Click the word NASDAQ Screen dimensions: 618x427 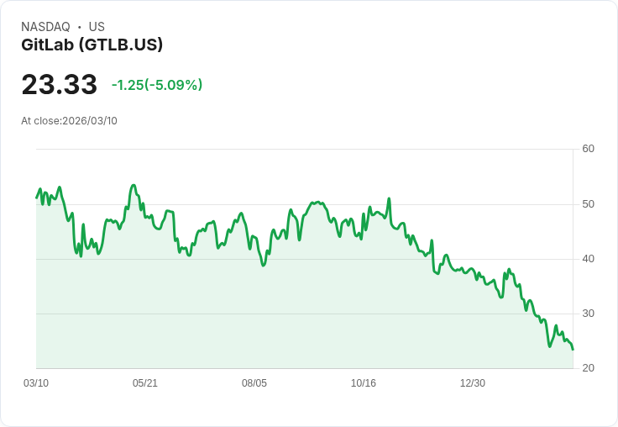click(45, 27)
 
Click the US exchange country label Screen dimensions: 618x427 click(97, 27)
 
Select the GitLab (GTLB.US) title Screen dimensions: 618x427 click(92, 45)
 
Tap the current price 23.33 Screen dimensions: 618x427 click(59, 84)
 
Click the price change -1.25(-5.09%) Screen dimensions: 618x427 click(157, 85)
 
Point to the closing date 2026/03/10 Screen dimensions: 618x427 click(90, 121)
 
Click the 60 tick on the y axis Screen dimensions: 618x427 click(588, 149)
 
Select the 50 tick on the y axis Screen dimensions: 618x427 click(588, 204)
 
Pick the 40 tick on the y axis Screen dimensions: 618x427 click(588, 259)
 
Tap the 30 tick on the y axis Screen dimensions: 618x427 click(588, 314)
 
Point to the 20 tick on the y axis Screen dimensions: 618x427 click(588, 368)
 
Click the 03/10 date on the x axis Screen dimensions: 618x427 click(36, 383)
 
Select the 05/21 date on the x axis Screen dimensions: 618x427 click(145, 383)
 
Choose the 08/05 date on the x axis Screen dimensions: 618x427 click(254, 383)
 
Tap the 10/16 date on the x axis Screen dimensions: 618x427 click(364, 383)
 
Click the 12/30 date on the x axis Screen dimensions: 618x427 click(473, 383)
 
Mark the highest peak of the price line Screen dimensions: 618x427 click(134, 185)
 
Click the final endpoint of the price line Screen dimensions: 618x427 click(573, 350)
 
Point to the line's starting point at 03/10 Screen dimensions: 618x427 click(37, 198)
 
